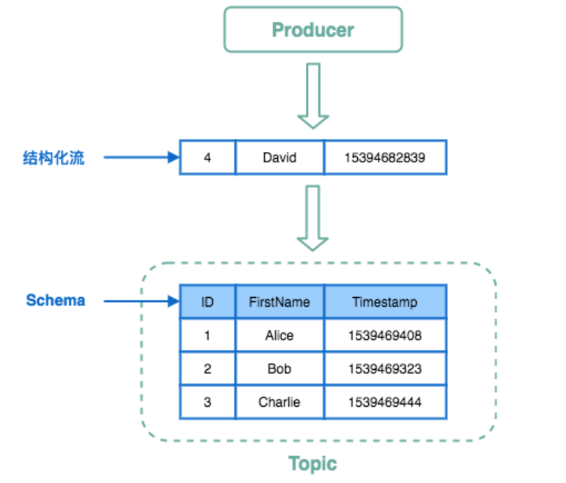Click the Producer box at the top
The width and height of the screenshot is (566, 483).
313,30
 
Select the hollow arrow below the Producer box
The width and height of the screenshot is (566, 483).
313,96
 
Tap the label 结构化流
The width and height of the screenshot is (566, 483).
53,158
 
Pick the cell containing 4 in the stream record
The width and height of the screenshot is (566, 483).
207,158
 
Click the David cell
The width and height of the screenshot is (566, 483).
280,158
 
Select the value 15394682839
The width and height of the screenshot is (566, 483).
385,158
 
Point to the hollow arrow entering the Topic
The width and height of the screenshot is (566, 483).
313,218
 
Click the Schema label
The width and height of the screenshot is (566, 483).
55,300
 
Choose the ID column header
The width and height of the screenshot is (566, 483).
207,302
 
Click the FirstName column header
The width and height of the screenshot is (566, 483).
280,302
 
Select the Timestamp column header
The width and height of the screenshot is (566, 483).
385,302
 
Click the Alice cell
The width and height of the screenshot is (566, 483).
280,335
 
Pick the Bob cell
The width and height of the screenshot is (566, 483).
280,368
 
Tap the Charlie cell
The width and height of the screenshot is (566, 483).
280,402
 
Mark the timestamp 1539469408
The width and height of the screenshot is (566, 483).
385,335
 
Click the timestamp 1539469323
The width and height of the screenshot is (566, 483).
385,368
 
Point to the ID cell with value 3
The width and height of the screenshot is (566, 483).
207,402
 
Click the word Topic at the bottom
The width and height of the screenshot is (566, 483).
312,464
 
